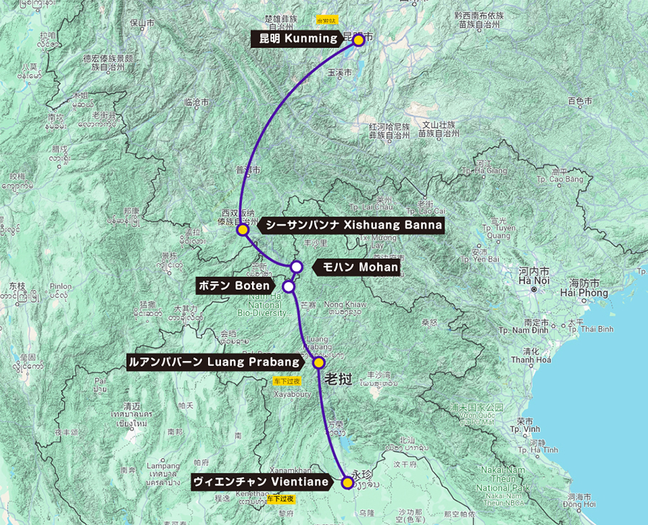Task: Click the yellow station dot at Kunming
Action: coord(358,40)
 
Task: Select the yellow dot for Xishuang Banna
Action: coord(243,230)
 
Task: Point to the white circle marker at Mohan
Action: coord(296,267)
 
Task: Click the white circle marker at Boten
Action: coord(289,286)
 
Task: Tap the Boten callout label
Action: coord(235,286)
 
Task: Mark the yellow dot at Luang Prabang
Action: coord(319,362)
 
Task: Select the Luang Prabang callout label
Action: coord(214,362)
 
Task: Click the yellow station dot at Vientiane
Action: coord(347,483)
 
